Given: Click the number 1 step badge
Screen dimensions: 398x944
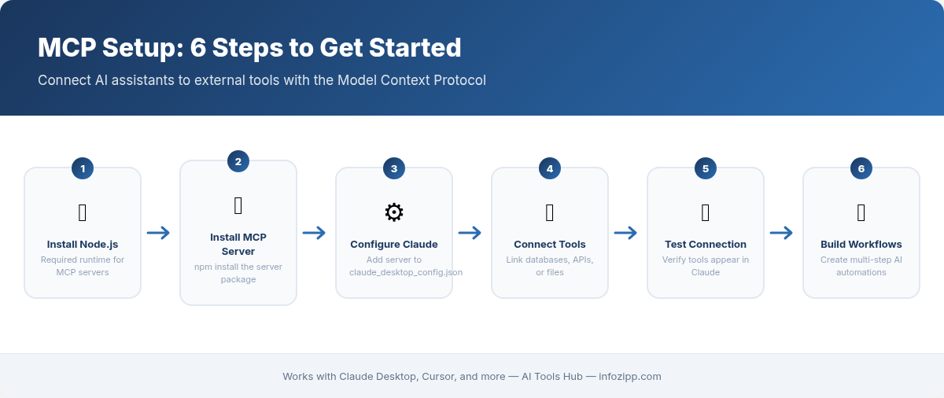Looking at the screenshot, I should pyautogui.click(x=83, y=168).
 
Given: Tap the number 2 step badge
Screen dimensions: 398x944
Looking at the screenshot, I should pyautogui.click(x=238, y=161).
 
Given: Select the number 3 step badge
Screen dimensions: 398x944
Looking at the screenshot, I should pyautogui.click(x=394, y=168).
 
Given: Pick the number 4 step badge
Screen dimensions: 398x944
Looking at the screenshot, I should pyautogui.click(x=550, y=168).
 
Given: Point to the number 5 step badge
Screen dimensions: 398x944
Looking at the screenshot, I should pyautogui.click(x=706, y=168).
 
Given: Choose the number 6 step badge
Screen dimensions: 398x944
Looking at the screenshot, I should pyautogui.click(x=861, y=168).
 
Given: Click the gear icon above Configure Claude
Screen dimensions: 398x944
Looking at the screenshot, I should pyautogui.click(x=394, y=212).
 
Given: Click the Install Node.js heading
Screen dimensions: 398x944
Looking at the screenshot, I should pyautogui.click(x=83, y=244).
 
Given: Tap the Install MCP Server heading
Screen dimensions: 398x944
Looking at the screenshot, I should pyautogui.click(x=238, y=244).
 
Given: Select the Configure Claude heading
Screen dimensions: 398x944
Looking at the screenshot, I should pyautogui.click(x=394, y=244).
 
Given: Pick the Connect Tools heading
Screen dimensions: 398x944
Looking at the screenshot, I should pyautogui.click(x=550, y=244).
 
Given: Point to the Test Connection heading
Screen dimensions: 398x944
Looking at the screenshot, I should pyautogui.click(x=706, y=244).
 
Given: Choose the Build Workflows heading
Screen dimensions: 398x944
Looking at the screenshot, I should pyautogui.click(x=861, y=244).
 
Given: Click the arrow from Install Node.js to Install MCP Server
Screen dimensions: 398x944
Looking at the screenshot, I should pyautogui.click(x=159, y=233).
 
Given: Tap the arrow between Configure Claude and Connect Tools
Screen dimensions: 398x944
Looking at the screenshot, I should pyautogui.click(x=470, y=233).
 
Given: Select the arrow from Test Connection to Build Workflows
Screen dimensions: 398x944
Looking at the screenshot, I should pyautogui.click(x=782, y=233).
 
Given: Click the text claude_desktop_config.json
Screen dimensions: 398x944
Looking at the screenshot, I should pyautogui.click(x=406, y=272).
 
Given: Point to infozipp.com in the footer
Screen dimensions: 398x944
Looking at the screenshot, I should pyautogui.click(x=629, y=377).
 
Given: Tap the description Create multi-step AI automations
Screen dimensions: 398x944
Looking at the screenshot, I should pyautogui.click(x=861, y=266).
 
